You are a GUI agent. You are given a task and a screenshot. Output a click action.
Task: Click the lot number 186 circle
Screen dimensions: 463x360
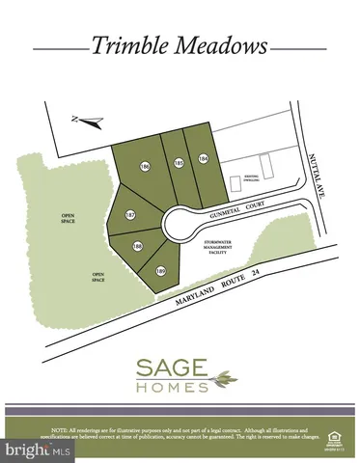145,167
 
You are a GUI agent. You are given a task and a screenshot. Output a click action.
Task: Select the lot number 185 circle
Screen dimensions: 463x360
179,164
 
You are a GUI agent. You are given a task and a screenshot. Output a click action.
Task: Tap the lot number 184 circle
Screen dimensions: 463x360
204,158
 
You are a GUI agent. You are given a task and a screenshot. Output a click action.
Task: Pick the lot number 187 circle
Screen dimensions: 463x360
130,213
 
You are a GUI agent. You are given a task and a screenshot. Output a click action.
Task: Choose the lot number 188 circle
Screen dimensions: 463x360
137,247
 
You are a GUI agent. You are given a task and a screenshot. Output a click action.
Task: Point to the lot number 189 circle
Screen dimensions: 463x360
161,270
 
